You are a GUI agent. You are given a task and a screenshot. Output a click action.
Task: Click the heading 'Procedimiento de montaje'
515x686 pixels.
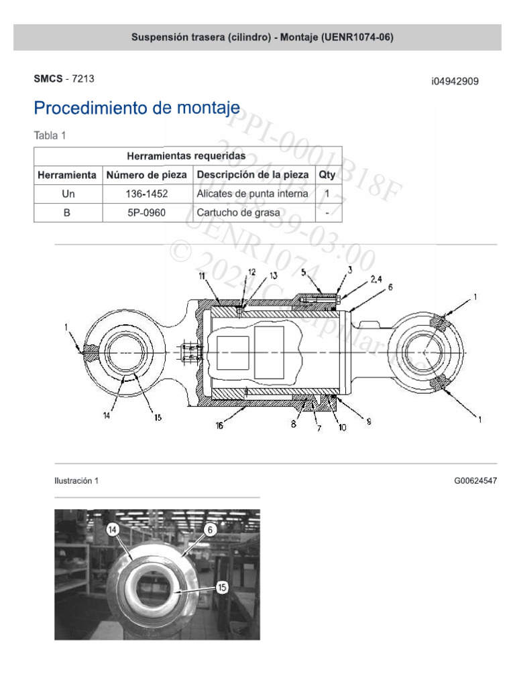137,108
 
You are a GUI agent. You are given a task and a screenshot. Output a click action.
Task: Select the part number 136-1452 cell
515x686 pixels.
147,194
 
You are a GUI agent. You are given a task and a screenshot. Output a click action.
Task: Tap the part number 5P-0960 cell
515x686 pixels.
147,213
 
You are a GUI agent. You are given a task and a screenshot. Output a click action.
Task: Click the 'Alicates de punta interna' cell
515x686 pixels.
252,194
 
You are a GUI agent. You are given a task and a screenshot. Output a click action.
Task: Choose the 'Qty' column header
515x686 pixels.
327,175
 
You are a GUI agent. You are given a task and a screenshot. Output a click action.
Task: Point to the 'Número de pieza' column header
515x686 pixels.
147,175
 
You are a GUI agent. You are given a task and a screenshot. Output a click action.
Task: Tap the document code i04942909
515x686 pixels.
455,82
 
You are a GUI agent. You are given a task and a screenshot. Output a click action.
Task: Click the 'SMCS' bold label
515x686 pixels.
48,78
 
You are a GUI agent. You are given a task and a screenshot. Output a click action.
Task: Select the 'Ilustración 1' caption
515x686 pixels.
76,480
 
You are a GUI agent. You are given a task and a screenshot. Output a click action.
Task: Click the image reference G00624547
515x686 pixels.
475,480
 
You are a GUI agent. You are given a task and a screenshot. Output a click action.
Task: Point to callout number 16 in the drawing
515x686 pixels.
219,425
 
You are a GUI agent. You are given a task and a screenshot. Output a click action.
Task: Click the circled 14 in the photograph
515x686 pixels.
113,529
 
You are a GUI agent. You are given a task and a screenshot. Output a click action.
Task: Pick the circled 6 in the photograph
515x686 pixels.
210,529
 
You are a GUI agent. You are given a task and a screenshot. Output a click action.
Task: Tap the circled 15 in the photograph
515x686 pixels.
222,586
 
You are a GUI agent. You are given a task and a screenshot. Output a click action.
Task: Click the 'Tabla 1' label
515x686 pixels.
50,135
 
